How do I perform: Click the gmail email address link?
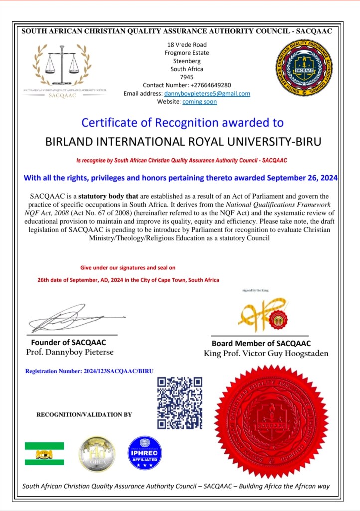pyautogui.click(x=207, y=93)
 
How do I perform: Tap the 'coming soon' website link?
pyautogui.click(x=199, y=102)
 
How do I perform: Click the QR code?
pyautogui.click(x=180, y=403)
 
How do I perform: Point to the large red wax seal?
pyautogui.click(x=272, y=421)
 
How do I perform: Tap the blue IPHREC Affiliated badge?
pyautogui.click(x=145, y=453)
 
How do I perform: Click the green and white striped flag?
pyautogui.click(x=44, y=453)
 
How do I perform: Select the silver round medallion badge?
pyautogui.click(x=97, y=453)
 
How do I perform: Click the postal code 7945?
pyautogui.click(x=187, y=77)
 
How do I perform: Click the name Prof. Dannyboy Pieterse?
pyautogui.click(x=70, y=352)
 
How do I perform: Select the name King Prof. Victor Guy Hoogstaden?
pyautogui.click(x=266, y=353)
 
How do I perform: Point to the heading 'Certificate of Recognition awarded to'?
pyautogui.click(x=182, y=122)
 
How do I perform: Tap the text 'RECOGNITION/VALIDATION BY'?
pyautogui.click(x=84, y=414)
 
